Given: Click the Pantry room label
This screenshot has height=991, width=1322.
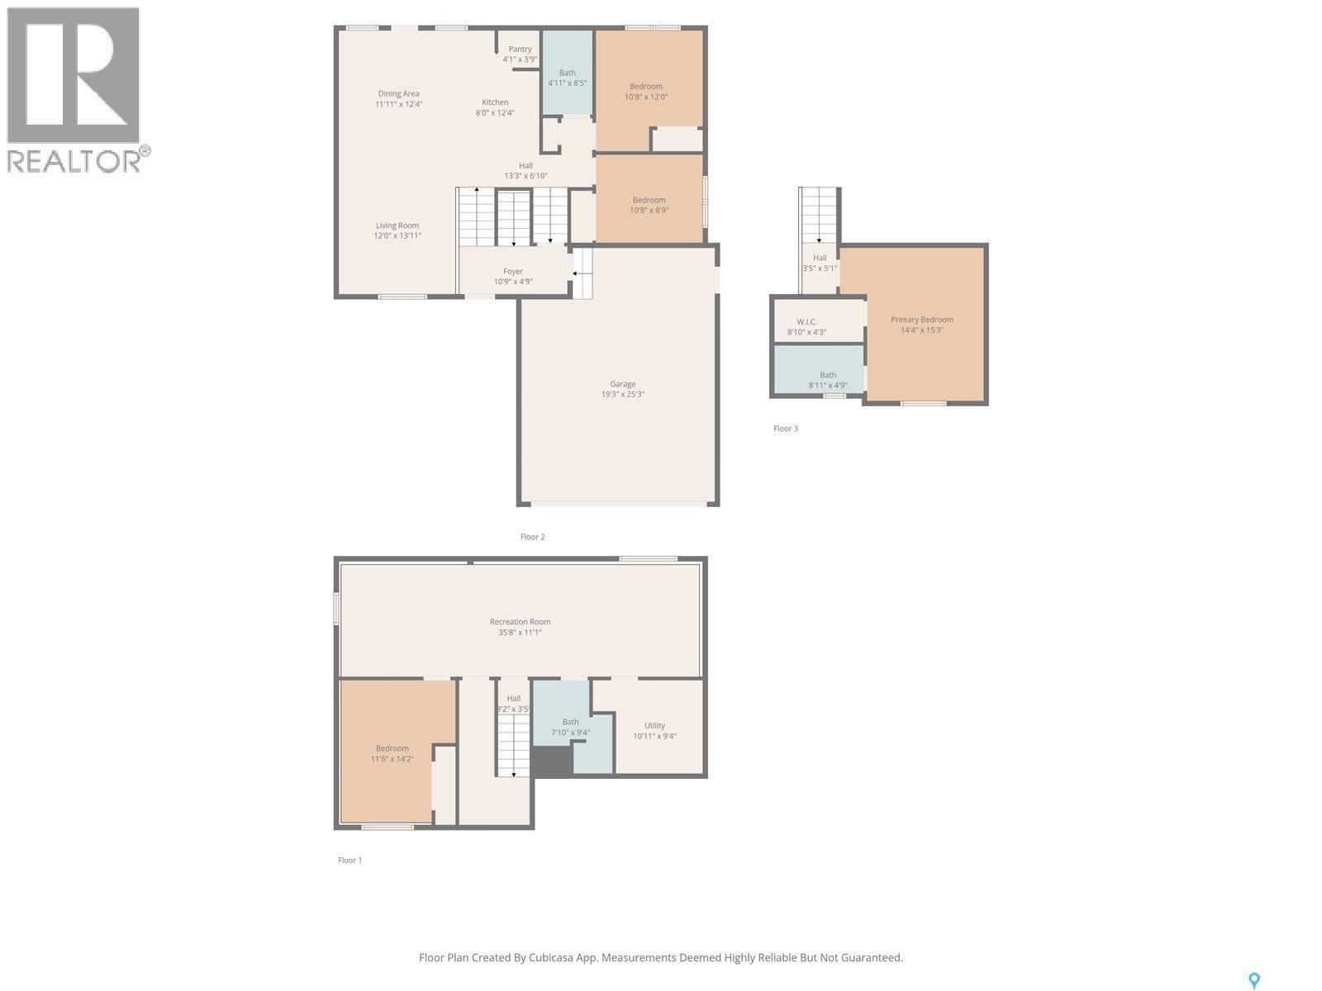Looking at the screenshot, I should tap(520, 50).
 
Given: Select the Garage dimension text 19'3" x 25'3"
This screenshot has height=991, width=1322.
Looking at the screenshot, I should tap(622, 395).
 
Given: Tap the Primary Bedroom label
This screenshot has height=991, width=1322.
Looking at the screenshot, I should tap(921, 320).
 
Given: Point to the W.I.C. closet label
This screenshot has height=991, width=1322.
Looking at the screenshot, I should tap(806, 322).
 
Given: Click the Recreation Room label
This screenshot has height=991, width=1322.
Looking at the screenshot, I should tap(520, 622).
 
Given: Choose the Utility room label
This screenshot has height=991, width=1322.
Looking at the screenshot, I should tap(654, 726).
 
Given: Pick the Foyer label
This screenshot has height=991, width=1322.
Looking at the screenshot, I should tap(513, 272).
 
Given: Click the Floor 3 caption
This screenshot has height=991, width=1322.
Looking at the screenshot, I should tap(785, 429).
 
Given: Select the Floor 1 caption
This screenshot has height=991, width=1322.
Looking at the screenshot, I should tap(350, 861).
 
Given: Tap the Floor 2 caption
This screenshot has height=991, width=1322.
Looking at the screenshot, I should tap(532, 537).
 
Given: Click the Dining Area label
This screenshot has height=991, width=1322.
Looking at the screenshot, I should tap(398, 94).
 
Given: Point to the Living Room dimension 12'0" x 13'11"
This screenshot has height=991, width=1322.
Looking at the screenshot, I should tap(397, 236).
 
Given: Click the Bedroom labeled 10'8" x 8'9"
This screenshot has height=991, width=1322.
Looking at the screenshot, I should tap(649, 200).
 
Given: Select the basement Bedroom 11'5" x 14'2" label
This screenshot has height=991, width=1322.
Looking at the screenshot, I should tap(392, 748).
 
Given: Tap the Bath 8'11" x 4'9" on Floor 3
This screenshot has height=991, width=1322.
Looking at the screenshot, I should tap(827, 375).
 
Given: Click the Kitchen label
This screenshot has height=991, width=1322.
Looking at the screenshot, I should tap(495, 102).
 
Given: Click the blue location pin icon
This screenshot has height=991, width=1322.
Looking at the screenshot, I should tap(1253, 980).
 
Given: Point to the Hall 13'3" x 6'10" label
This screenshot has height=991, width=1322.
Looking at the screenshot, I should tap(525, 166).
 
